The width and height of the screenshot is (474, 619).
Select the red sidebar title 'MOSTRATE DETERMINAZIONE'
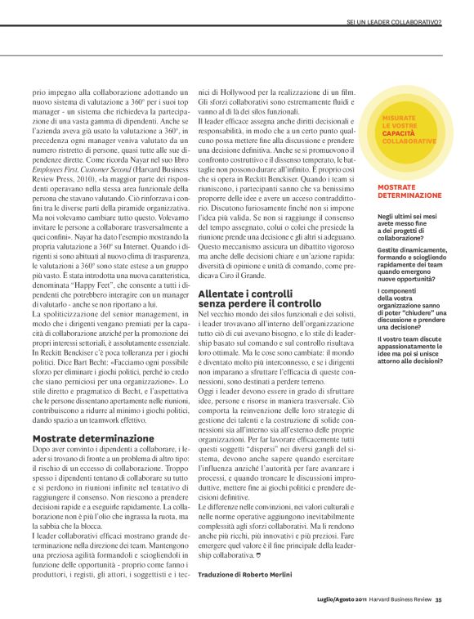[411, 191]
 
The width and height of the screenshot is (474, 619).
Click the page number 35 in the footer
[438, 601]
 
